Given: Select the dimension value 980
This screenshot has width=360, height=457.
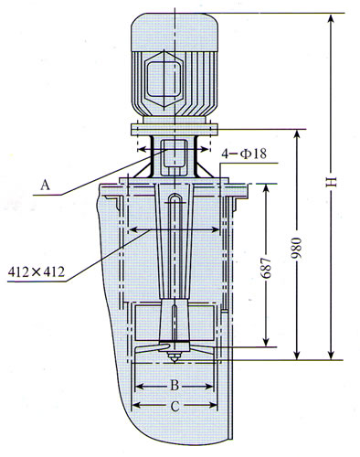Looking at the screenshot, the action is (297, 248).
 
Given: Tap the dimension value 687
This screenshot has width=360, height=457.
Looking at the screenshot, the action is (266, 268).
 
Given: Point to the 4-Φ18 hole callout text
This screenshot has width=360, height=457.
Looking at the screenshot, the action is (244, 154).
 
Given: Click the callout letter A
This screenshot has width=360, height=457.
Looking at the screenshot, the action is (45, 185).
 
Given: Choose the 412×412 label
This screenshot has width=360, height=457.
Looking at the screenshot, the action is (37, 271).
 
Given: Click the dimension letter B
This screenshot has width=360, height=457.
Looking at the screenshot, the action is (175, 386).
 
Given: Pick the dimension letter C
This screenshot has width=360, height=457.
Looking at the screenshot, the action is (175, 407).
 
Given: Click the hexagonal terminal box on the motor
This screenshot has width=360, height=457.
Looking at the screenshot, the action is (164, 79).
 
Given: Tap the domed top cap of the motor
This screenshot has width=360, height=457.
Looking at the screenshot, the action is (175, 32).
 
